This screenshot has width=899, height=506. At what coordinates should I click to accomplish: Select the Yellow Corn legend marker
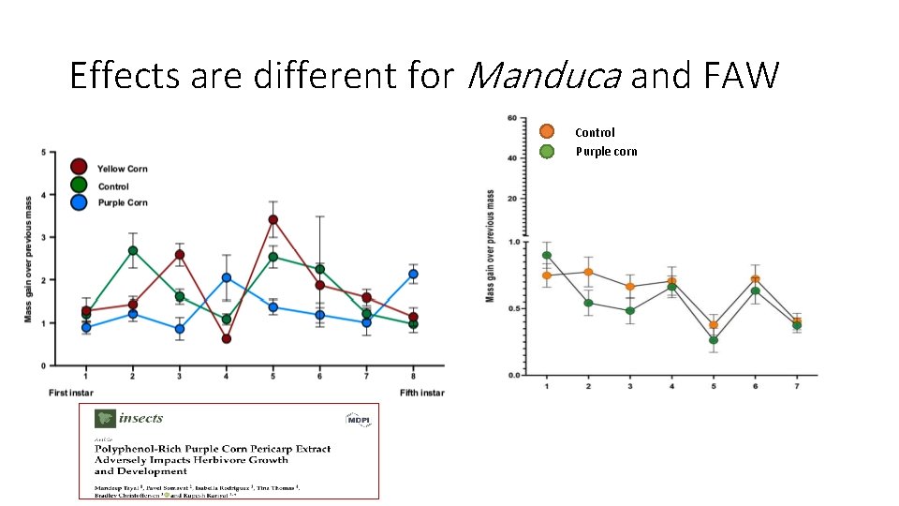(79, 168)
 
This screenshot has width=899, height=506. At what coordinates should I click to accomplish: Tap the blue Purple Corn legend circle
(79, 202)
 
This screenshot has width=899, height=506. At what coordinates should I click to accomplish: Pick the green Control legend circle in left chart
(79, 186)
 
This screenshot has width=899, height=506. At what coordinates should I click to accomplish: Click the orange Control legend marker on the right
(548, 132)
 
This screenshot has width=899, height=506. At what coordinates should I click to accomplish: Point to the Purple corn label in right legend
(606, 151)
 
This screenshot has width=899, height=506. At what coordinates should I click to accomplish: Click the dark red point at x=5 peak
(273, 220)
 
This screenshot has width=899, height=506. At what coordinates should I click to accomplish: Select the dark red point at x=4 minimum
(226, 338)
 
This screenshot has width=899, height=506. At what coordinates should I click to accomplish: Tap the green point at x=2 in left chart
(132, 251)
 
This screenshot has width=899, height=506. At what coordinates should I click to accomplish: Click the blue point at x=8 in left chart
(413, 274)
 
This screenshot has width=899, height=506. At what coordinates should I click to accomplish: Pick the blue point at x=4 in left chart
(226, 277)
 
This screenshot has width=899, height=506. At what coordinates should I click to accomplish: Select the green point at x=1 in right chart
(547, 255)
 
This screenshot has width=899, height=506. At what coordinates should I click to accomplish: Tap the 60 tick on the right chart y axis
(511, 117)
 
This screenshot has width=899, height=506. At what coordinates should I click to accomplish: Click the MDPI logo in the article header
(358, 420)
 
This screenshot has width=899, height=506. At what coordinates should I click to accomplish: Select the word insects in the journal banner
(140, 419)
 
